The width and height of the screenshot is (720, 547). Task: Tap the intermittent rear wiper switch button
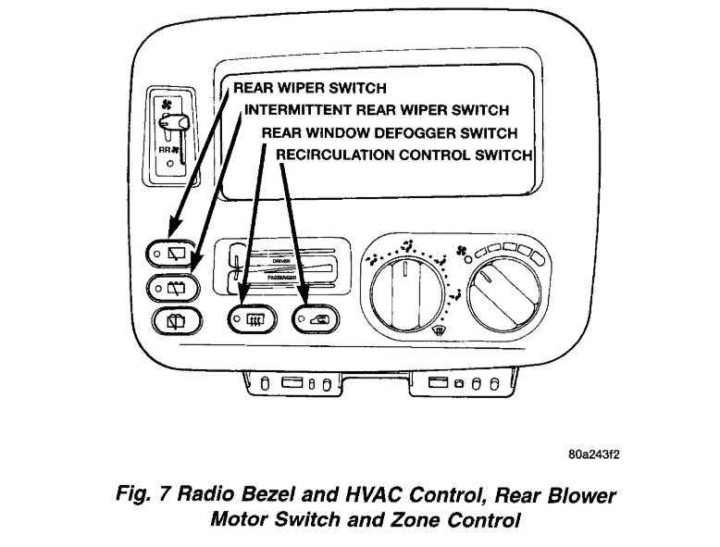click(x=173, y=287)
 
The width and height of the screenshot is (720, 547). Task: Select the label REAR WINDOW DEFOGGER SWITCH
click(x=389, y=133)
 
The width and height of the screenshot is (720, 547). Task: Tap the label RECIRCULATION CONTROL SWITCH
click(x=404, y=155)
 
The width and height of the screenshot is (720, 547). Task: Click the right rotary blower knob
click(x=504, y=295)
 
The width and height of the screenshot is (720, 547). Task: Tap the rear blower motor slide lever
click(x=175, y=121)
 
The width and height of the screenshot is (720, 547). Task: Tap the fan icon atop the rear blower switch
click(x=168, y=103)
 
